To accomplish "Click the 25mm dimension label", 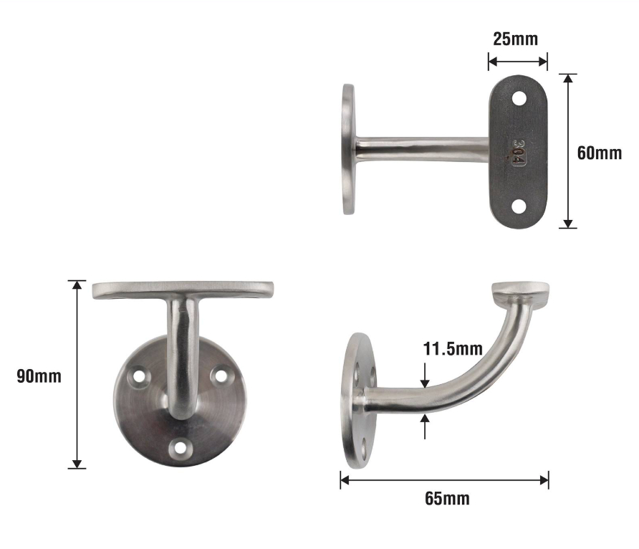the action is click(x=515, y=39).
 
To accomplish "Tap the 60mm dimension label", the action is click(x=599, y=153).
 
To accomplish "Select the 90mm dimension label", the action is click(x=39, y=376).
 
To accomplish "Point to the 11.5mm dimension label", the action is click(x=452, y=349).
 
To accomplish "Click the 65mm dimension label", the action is click(x=447, y=498).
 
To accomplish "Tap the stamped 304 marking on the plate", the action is click(x=519, y=153).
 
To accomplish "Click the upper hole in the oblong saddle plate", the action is click(x=519, y=97).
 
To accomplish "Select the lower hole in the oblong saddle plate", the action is click(x=519, y=206).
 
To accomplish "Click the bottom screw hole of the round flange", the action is click(x=179, y=448).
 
